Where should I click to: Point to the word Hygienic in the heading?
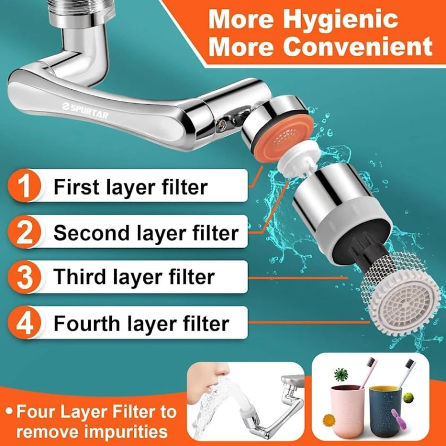coord(342,20)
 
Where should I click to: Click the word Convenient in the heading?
coord(361,47)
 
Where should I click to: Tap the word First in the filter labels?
coord(76,187)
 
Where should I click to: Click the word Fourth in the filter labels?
coord(86,323)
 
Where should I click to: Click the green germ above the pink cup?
coord(341,374)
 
